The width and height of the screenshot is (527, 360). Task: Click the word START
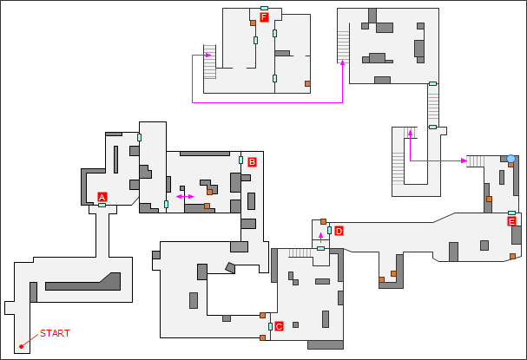click(x=55, y=333)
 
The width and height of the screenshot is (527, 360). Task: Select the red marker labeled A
click(x=102, y=197)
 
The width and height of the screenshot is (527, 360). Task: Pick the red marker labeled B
click(x=252, y=161)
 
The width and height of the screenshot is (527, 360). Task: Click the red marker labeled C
click(x=279, y=326)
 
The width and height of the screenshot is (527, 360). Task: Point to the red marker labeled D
click(x=339, y=231)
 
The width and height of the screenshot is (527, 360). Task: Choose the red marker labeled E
click(x=511, y=221)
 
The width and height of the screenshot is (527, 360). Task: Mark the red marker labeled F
click(x=264, y=16)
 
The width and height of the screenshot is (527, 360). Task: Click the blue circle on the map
click(x=511, y=159)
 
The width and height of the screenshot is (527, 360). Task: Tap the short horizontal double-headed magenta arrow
click(x=185, y=198)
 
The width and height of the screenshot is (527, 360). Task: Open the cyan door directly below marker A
click(x=102, y=206)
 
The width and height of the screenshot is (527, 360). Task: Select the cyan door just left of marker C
click(x=270, y=326)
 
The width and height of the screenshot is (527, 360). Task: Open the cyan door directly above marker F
click(x=264, y=8)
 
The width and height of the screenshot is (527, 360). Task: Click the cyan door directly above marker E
click(x=511, y=213)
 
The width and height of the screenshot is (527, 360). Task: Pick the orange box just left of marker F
click(x=253, y=23)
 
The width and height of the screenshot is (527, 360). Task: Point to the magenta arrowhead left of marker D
click(x=320, y=233)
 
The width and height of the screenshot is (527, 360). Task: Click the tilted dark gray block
click(x=230, y=267)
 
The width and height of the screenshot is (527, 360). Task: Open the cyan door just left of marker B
click(x=240, y=160)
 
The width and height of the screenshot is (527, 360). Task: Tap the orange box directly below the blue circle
click(x=511, y=166)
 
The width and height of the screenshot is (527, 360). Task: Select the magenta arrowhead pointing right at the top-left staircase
click(x=209, y=55)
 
